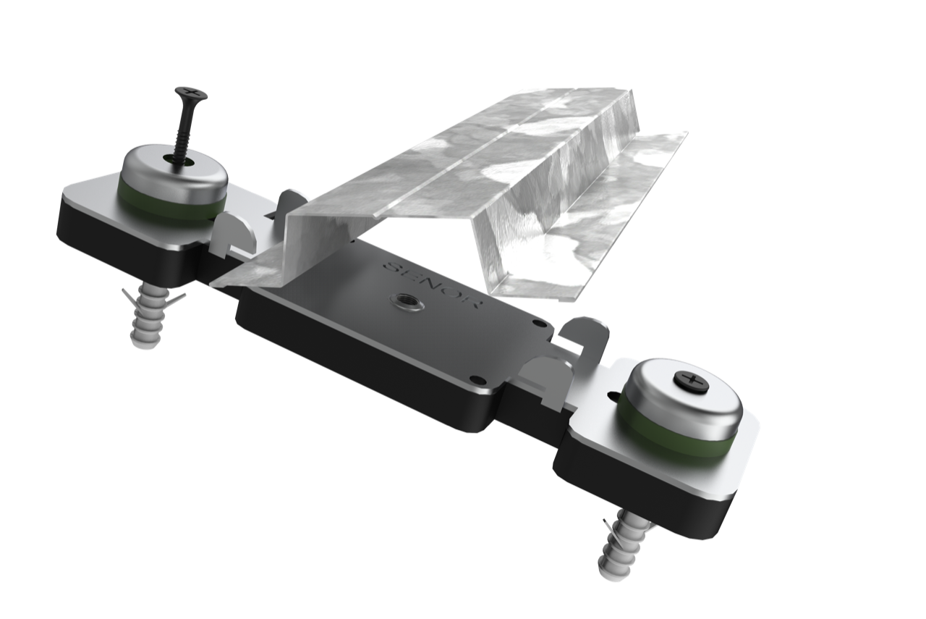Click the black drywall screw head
coord(190,94)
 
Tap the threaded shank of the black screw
coord(182,132)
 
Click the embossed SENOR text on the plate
coord(432,285)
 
